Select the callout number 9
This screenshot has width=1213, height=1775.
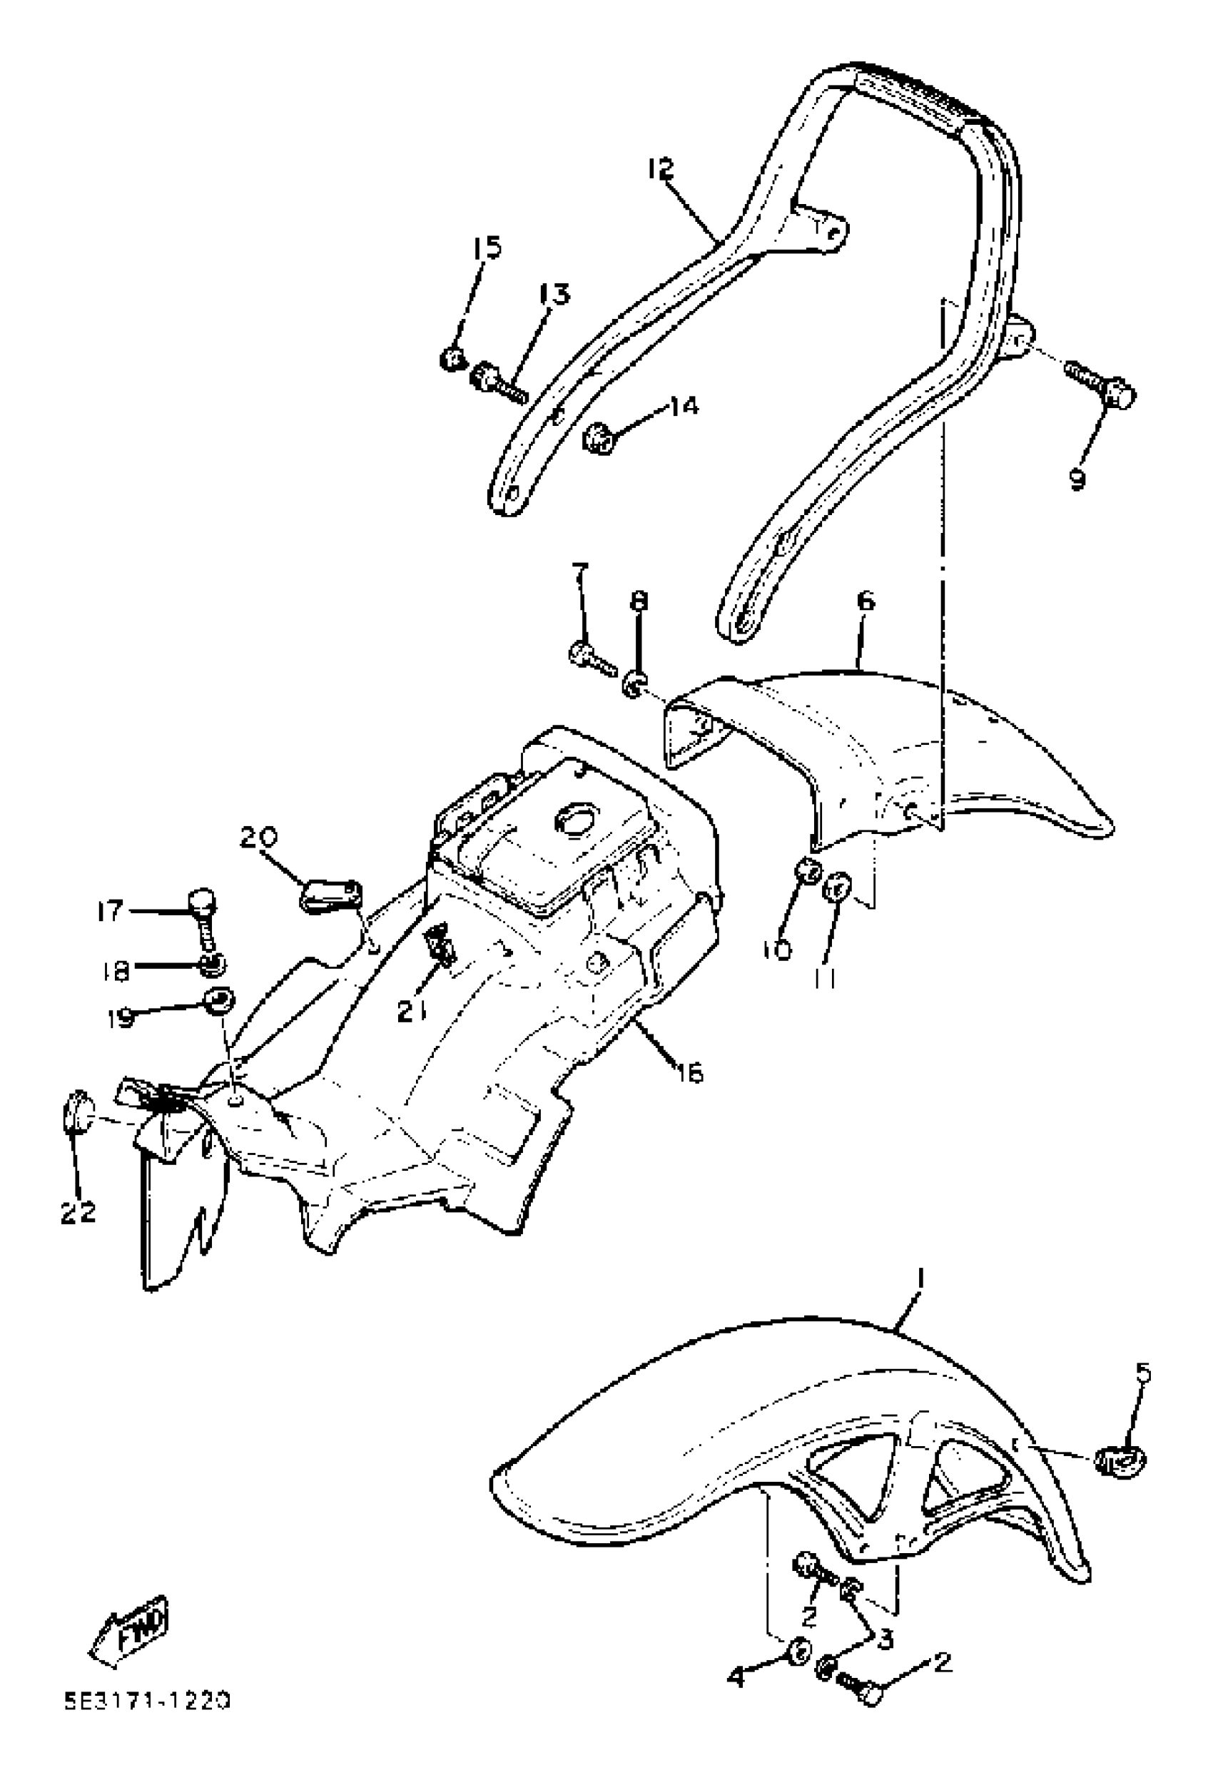(1077, 479)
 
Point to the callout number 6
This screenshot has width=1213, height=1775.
(866, 601)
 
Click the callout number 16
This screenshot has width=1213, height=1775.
(689, 1074)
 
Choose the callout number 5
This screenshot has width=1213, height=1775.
(1143, 1373)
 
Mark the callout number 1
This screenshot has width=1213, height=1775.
(921, 1277)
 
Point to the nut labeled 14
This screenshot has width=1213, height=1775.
(598, 439)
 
